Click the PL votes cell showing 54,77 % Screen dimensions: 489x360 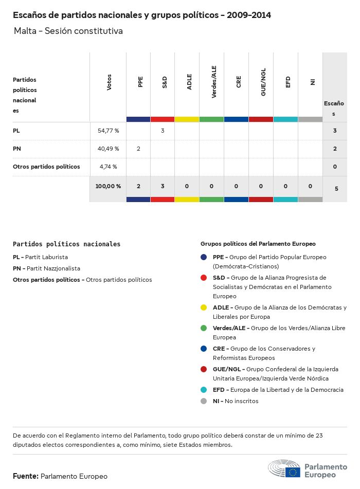108,131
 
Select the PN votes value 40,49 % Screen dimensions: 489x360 108,149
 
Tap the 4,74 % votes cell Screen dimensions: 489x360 108,167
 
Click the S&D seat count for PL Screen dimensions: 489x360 163,131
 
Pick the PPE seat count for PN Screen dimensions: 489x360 138,149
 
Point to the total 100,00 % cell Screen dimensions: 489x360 108,187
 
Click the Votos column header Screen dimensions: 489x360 109,82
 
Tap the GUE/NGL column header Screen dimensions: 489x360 263,82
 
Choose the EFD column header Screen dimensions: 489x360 288,82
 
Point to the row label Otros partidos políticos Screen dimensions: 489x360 46,167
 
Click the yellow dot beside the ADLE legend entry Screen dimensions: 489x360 204,307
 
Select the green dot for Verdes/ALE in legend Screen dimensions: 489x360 204,328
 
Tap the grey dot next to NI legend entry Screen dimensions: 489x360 204,401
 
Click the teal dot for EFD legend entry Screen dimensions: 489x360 204,390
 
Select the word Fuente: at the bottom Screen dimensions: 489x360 26,477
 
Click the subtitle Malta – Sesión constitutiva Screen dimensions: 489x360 68,31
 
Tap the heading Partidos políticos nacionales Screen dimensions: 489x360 66,244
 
